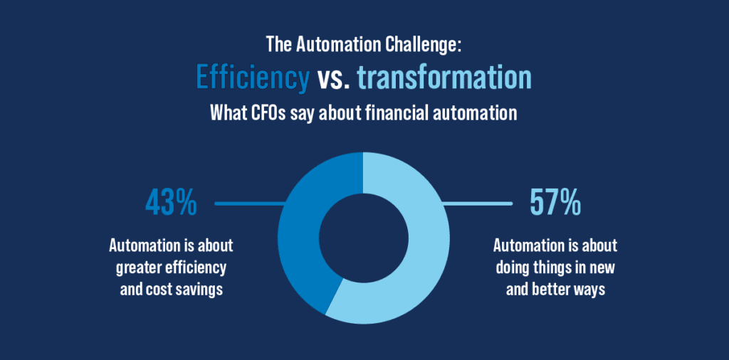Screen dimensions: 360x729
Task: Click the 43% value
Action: [171, 203]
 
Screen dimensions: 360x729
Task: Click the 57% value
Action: [555, 203]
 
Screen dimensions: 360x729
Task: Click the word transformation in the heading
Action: [444, 78]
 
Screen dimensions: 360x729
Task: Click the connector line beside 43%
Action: [249, 204]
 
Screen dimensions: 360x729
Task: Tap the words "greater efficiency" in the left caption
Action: [171, 268]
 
